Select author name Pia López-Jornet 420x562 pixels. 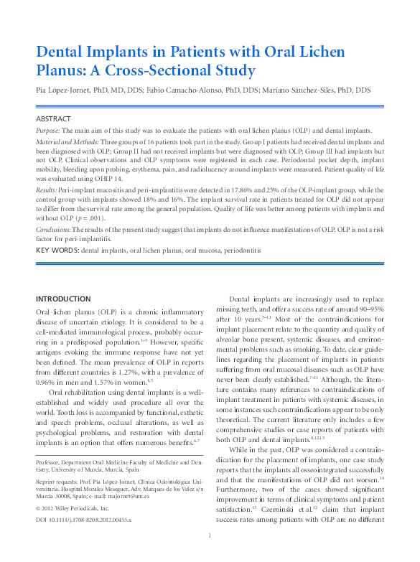tap(62, 90)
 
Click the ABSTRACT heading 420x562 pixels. tap(54, 118)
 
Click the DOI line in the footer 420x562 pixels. tap(84, 518)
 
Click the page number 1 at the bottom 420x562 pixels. tap(209, 556)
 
